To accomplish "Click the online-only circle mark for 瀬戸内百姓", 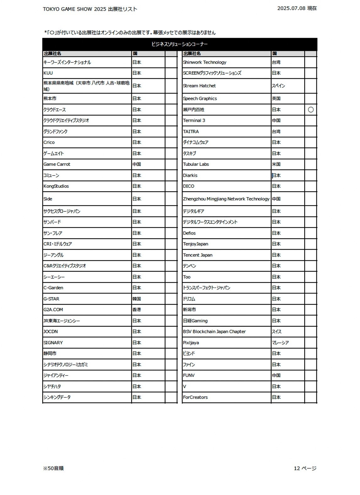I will coord(311,110).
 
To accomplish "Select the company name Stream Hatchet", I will coord(199,86).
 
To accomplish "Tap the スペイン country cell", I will coord(278,86).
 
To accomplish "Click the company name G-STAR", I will coord(51,299).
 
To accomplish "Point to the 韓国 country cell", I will coord(137,299).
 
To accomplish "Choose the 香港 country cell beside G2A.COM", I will coord(137,310).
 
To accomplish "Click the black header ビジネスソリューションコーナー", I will coord(179,44).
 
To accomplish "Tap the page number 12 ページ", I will coord(305,468).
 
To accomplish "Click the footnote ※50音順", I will coord(53,468).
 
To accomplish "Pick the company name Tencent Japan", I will coord(198,255).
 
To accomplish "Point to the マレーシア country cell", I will coord(280,343).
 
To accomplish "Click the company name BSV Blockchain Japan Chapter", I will coord(214,332).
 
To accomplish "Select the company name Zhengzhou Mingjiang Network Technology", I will coord(226,199).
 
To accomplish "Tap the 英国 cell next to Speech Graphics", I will coord(276,99).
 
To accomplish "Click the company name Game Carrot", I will coord(57,164).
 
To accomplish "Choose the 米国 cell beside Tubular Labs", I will coord(276,164).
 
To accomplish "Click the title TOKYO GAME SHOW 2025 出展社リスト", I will coord(90,9).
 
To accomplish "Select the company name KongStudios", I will coord(56,186).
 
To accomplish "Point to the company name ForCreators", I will coord(195,397).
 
